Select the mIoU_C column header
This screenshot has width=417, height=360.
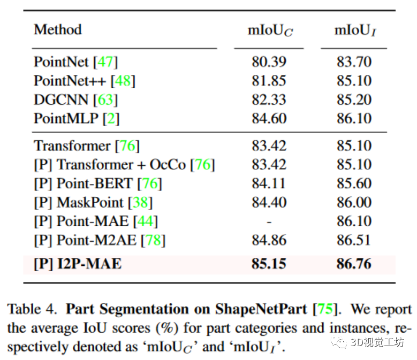(x=269, y=30)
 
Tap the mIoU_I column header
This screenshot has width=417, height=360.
(x=354, y=30)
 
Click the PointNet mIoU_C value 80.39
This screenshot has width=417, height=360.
(x=269, y=62)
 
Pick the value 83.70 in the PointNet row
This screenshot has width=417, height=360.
(x=354, y=62)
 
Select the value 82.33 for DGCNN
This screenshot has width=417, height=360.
(x=269, y=99)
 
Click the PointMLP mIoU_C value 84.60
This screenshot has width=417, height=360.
(x=269, y=118)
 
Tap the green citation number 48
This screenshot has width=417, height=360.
(x=123, y=81)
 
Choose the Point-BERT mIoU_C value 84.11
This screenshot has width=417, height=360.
(x=269, y=183)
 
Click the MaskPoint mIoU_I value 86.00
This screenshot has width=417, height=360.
(x=354, y=203)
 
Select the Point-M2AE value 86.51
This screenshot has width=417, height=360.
(x=354, y=240)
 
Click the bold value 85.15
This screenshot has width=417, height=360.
(x=269, y=264)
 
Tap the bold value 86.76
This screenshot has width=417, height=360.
(x=354, y=264)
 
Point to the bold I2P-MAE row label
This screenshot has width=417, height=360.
(x=78, y=264)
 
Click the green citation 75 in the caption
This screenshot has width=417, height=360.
(x=325, y=310)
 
